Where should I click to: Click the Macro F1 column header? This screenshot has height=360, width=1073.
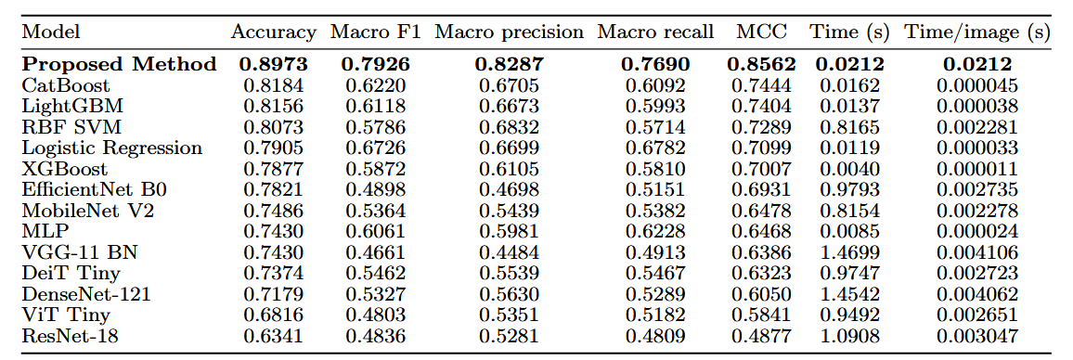pyautogui.click(x=375, y=32)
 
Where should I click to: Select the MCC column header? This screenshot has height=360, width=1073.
pyautogui.click(x=762, y=32)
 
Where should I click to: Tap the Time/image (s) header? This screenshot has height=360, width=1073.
pyautogui.click(x=977, y=32)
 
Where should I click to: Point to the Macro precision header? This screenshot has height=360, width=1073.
pyautogui.click(x=509, y=32)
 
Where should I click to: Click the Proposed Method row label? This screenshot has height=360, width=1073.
pyautogui.click(x=119, y=65)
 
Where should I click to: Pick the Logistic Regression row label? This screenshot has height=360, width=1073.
pyautogui.click(x=112, y=148)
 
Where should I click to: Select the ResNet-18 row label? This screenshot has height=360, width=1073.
pyautogui.click(x=61, y=337)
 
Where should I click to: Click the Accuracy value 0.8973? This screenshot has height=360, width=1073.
pyautogui.click(x=273, y=65)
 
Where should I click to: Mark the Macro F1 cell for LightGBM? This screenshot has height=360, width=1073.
pyautogui.click(x=375, y=107)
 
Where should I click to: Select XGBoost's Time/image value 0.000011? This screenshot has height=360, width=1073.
pyautogui.click(x=977, y=169)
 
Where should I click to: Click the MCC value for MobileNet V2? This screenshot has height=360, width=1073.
pyautogui.click(x=762, y=212)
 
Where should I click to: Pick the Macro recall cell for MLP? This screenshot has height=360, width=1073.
pyautogui.click(x=655, y=232)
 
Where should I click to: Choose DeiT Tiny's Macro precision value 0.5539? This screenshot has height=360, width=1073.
pyautogui.click(x=509, y=274)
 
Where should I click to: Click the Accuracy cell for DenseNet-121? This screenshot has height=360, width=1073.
pyautogui.click(x=273, y=295)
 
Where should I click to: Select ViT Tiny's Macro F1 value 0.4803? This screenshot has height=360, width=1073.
pyautogui.click(x=375, y=315)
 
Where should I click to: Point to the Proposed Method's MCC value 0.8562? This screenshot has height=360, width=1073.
pyautogui.click(x=762, y=65)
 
